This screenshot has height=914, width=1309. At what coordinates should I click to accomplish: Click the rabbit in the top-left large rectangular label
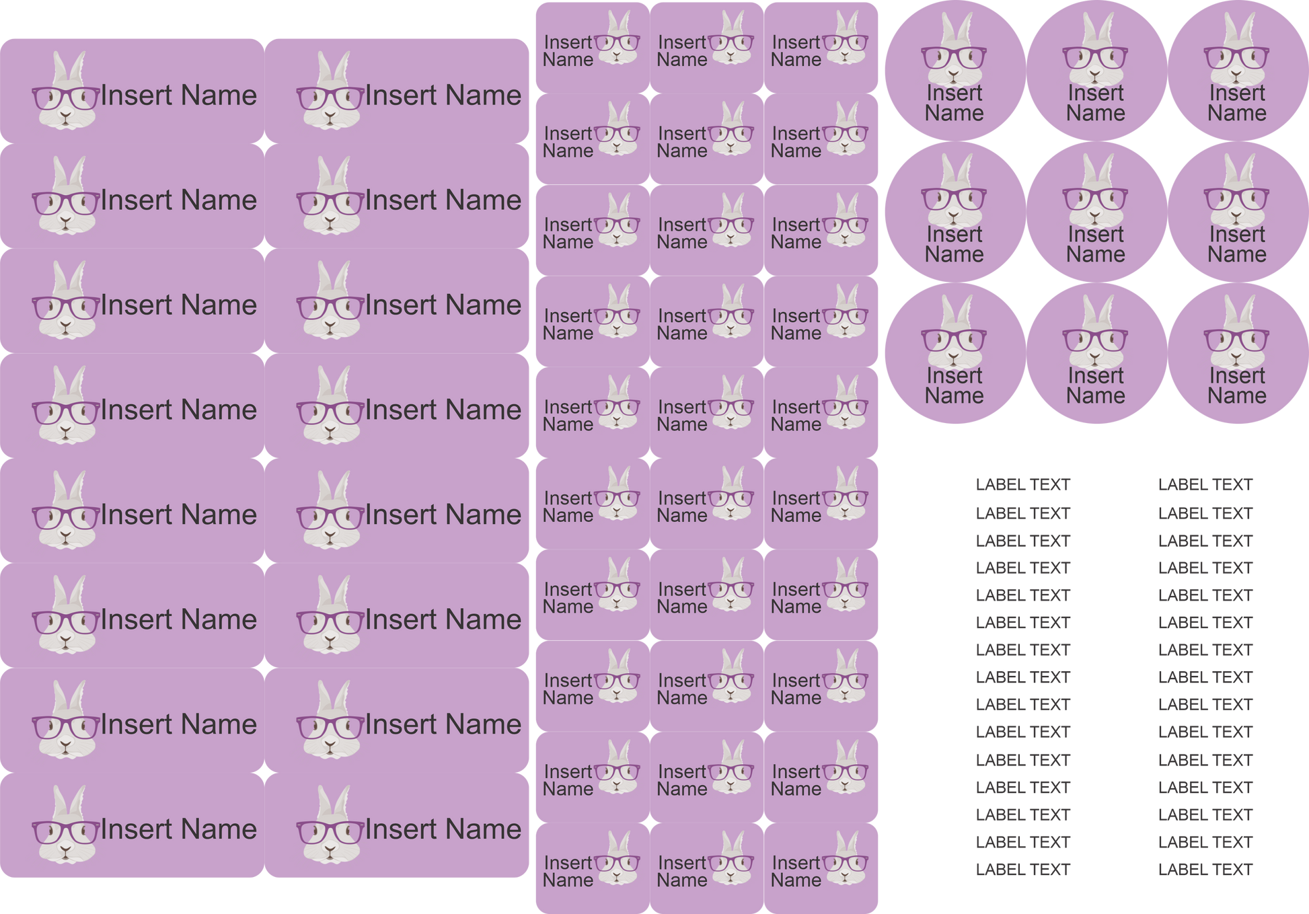click(66, 94)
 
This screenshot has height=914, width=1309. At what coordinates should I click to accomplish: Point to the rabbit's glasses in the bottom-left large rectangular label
click(66, 832)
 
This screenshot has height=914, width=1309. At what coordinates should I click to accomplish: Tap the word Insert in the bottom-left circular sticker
click(954, 376)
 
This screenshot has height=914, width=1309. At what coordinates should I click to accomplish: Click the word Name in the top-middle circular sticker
click(1095, 113)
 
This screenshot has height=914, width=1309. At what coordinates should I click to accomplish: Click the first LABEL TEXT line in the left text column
click(1022, 484)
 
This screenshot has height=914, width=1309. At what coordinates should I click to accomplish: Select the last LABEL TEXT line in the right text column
click(1205, 870)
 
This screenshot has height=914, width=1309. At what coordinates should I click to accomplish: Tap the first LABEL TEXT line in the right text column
click(1205, 484)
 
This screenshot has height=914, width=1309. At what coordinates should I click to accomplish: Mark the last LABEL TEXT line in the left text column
click(1022, 870)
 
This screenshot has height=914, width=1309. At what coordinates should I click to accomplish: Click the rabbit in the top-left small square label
click(618, 40)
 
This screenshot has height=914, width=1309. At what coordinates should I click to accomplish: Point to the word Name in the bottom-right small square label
click(796, 880)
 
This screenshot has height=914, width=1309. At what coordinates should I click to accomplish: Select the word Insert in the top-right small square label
click(796, 42)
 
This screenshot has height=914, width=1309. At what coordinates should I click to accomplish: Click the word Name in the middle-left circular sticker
click(954, 255)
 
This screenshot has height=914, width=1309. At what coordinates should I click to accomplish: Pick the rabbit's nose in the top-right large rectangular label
click(330, 116)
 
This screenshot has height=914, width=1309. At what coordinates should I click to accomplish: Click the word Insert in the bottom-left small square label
click(568, 863)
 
